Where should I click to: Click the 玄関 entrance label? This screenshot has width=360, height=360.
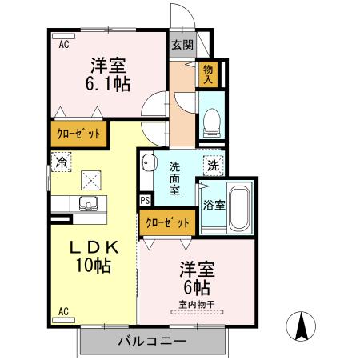(x=182, y=45)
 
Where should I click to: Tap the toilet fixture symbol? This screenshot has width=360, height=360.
(x=212, y=123)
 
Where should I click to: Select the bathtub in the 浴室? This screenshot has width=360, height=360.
(x=240, y=209)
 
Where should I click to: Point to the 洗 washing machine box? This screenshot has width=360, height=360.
(x=214, y=166)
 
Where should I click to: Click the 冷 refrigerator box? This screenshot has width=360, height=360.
(x=62, y=162)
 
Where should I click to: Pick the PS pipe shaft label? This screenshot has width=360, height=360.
(x=146, y=200)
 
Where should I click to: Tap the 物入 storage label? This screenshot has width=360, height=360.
(x=208, y=74)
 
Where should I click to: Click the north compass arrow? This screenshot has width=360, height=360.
(x=301, y=326)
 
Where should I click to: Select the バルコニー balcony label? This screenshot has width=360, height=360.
(x=152, y=341)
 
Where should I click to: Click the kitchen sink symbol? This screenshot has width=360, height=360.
(x=88, y=204)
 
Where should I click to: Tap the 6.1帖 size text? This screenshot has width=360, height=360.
(x=108, y=84)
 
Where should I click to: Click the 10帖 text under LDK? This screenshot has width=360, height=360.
(x=94, y=265)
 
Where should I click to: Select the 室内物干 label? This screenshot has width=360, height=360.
(x=197, y=304)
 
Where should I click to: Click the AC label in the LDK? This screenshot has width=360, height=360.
(x=63, y=311)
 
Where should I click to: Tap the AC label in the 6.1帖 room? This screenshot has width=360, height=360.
(x=64, y=44)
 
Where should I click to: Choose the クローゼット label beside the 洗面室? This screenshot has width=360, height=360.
(x=167, y=223)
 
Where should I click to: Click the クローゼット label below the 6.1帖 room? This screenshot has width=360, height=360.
(x=78, y=134)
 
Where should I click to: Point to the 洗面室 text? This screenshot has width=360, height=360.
(x=175, y=178)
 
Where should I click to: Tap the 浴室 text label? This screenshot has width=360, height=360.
(x=214, y=205)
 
